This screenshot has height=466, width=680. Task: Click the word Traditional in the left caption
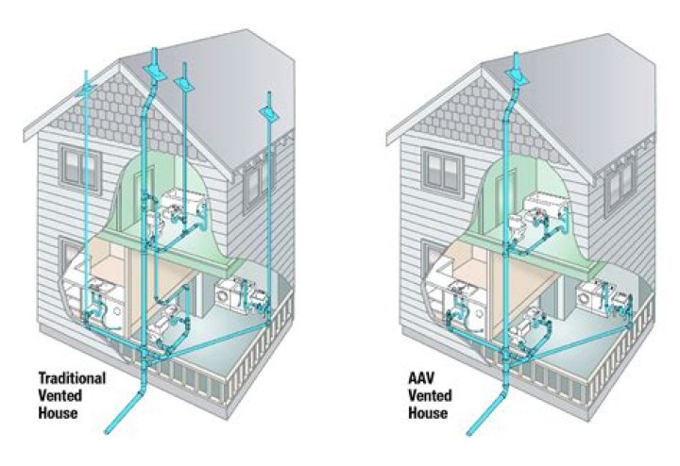(72, 378)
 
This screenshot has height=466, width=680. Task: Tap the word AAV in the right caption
(420, 378)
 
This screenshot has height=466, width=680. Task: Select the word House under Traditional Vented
(59, 412)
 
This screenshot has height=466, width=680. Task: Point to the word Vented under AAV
(430, 395)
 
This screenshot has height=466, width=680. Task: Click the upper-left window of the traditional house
(80, 168)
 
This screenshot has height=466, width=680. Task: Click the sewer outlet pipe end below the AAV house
(469, 432)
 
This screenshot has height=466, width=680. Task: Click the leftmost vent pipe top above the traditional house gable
(86, 72)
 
